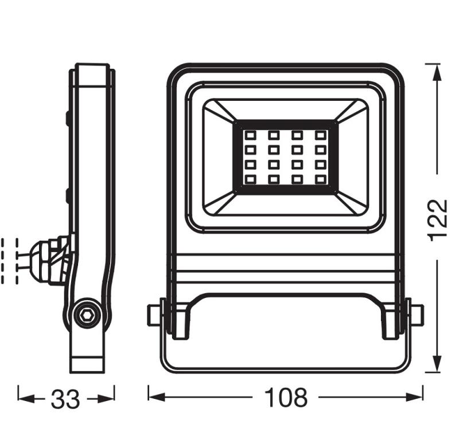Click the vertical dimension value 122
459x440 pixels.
pyautogui.click(x=438, y=220)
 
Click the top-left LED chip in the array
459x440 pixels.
pyautogui.click(x=250, y=136)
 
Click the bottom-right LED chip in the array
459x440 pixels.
pyautogui.click(x=320, y=180)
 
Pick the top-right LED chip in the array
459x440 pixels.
pyautogui.click(x=320, y=136)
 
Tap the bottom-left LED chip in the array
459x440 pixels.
pyautogui.click(x=250, y=180)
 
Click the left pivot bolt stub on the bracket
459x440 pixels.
pyautogui.click(x=154, y=315)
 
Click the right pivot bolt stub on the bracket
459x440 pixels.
pyautogui.click(x=417, y=314)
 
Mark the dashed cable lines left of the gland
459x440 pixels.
pyautogui.click(x=11, y=261)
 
